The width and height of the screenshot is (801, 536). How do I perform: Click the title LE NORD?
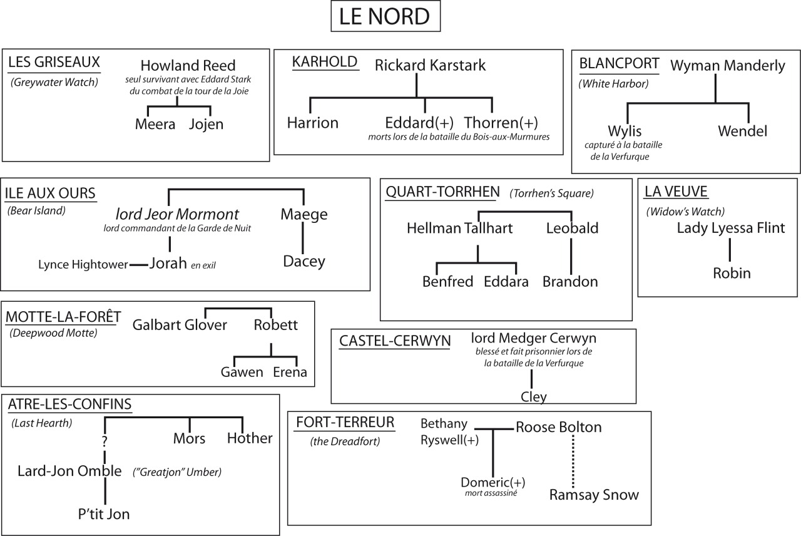(x=385, y=17)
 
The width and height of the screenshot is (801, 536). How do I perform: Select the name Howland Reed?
(x=188, y=66)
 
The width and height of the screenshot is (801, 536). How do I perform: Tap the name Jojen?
(x=206, y=124)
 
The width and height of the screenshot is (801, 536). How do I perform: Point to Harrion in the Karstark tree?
(x=312, y=123)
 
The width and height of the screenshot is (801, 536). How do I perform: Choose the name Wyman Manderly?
(x=728, y=66)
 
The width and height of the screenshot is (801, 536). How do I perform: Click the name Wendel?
(x=742, y=131)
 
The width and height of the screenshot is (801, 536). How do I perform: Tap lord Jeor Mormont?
(x=177, y=214)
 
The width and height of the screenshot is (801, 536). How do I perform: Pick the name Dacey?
(x=304, y=261)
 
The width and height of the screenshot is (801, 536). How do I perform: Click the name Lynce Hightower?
(x=83, y=264)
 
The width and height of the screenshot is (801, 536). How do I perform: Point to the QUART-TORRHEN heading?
(x=442, y=192)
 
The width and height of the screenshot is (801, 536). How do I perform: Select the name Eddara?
(x=506, y=282)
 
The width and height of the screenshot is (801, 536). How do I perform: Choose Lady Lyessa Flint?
(x=730, y=228)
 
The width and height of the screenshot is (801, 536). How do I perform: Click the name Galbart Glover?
(x=180, y=324)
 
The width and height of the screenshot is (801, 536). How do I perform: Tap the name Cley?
(x=533, y=396)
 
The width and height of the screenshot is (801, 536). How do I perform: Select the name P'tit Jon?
(x=104, y=514)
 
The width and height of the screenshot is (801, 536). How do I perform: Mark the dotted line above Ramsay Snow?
(x=573, y=460)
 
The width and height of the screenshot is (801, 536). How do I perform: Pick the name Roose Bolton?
(x=558, y=427)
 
